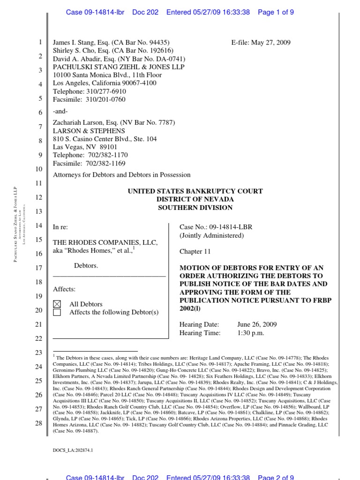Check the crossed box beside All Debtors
tap(57, 304)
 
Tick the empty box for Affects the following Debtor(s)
tap(57, 313)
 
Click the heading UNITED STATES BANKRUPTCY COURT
tap(195, 191)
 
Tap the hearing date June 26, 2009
tap(257, 324)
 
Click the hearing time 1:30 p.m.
tap(251, 333)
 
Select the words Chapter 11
tap(195, 252)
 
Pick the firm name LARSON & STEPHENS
tap(89, 131)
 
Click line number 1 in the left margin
tap(41, 43)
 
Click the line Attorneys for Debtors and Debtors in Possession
tap(122, 175)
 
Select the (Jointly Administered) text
tap(211, 235)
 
